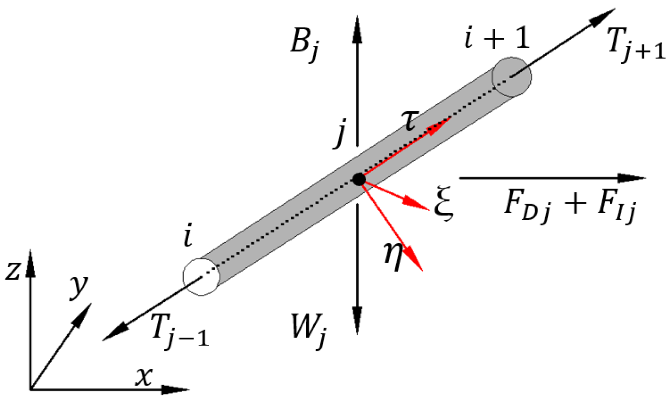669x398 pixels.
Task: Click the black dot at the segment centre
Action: [359, 179]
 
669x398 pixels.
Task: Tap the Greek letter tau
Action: [411, 121]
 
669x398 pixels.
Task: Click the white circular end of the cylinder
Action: [201, 277]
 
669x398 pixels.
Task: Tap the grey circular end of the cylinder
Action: [512, 77]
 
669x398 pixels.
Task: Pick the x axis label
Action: [144, 377]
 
